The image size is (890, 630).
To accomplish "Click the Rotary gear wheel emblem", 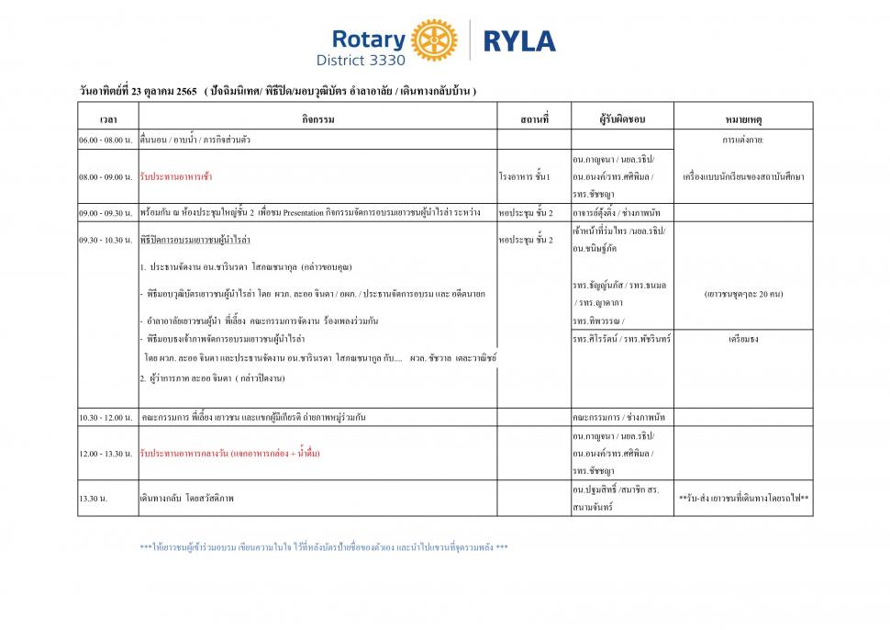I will [434, 40].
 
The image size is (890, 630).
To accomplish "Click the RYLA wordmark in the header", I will [518, 41].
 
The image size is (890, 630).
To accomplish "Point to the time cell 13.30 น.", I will [93, 499].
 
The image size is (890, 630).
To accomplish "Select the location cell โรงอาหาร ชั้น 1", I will [524, 175].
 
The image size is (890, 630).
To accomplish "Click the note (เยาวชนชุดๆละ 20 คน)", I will [743, 295].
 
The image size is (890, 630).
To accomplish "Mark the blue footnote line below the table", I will [323, 547].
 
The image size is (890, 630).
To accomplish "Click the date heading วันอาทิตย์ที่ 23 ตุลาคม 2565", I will [139, 90].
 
